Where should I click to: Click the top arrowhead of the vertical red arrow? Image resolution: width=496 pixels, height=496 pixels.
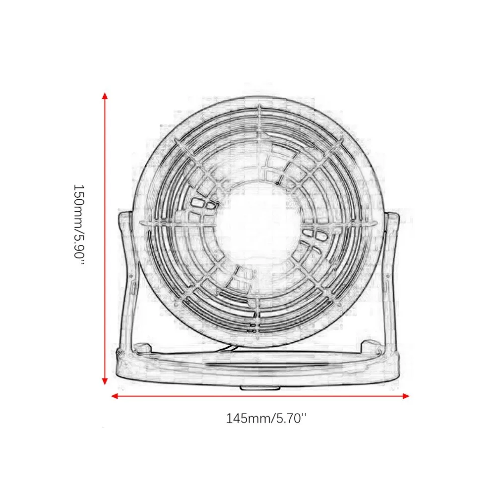pyautogui.click(x=105, y=95)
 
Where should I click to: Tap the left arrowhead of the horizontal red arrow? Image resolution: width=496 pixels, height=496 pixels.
pyautogui.click(x=114, y=396)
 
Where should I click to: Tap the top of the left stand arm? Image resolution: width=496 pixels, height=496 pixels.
pyautogui.click(x=124, y=215)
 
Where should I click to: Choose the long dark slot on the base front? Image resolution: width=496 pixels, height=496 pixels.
pyautogui.click(x=258, y=366)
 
